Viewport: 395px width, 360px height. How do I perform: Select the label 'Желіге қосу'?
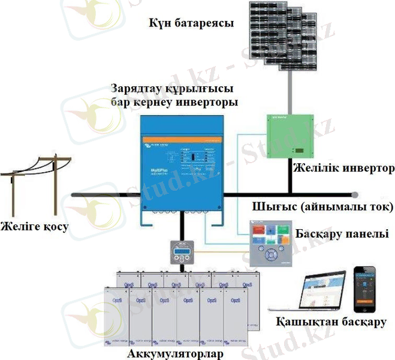pyautogui.click(x=35, y=227)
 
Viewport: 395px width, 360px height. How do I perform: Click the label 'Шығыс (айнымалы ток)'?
pyautogui.click(x=323, y=208)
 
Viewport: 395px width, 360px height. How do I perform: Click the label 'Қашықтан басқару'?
pyautogui.click(x=331, y=322)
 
